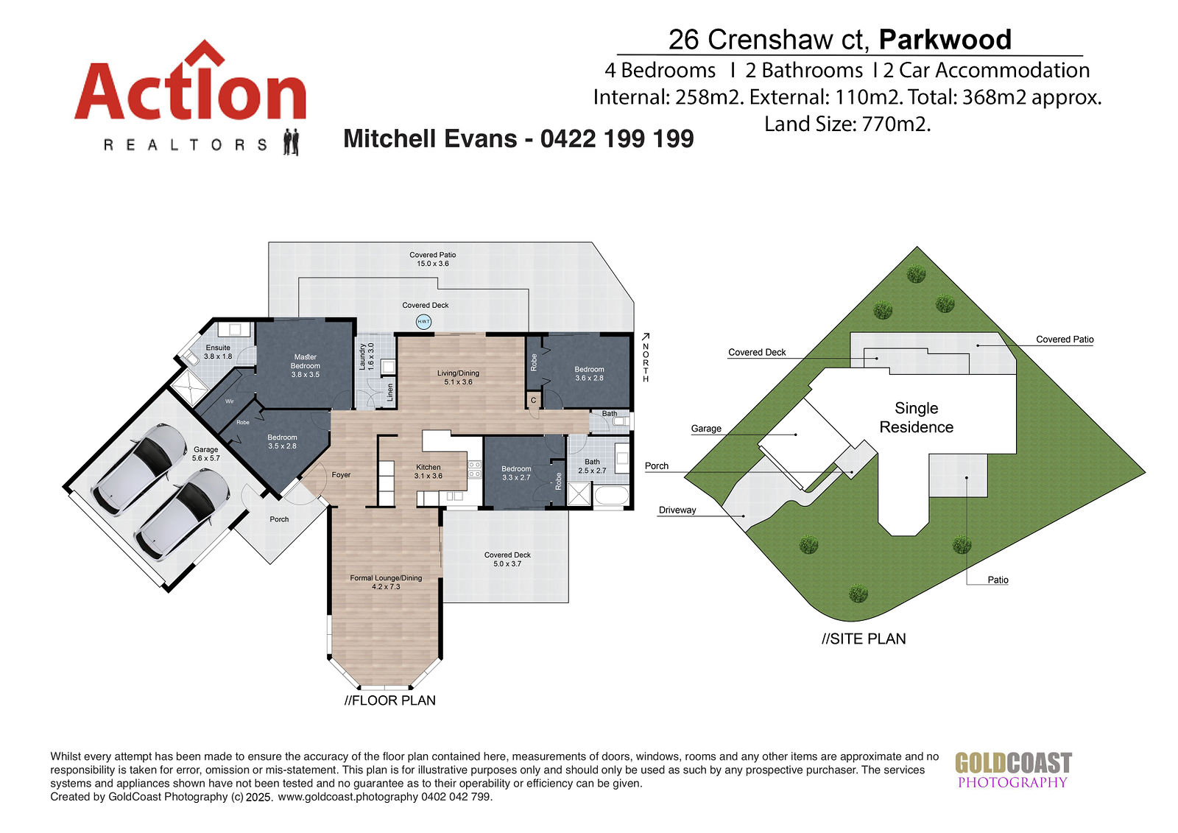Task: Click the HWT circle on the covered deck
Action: pos(423,322)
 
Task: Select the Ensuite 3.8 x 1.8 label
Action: pos(218,352)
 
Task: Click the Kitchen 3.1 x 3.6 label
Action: pos(428,471)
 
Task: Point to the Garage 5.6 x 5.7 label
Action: pos(205,454)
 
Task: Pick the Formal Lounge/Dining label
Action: pos(386,582)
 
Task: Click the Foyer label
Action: pos(341,474)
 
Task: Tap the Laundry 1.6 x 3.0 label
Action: pos(366,356)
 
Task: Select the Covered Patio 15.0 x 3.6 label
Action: pos(433,259)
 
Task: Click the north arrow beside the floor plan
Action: pos(646,337)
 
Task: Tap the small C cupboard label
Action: pos(533,401)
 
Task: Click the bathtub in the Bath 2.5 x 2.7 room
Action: pos(610,496)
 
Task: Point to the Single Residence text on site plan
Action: pos(916,418)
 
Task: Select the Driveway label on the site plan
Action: pos(677,510)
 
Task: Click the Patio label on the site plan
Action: pos(998,580)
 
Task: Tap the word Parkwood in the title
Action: pos(945,40)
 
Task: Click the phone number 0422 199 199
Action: pos(617,139)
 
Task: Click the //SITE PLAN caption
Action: pos(864,639)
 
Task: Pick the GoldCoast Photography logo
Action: pos(1013,770)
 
